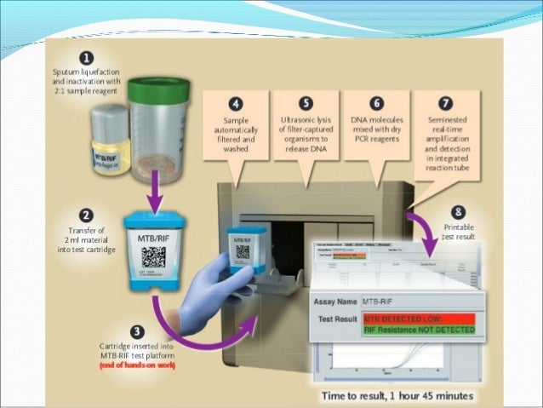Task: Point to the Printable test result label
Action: click(460, 233)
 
